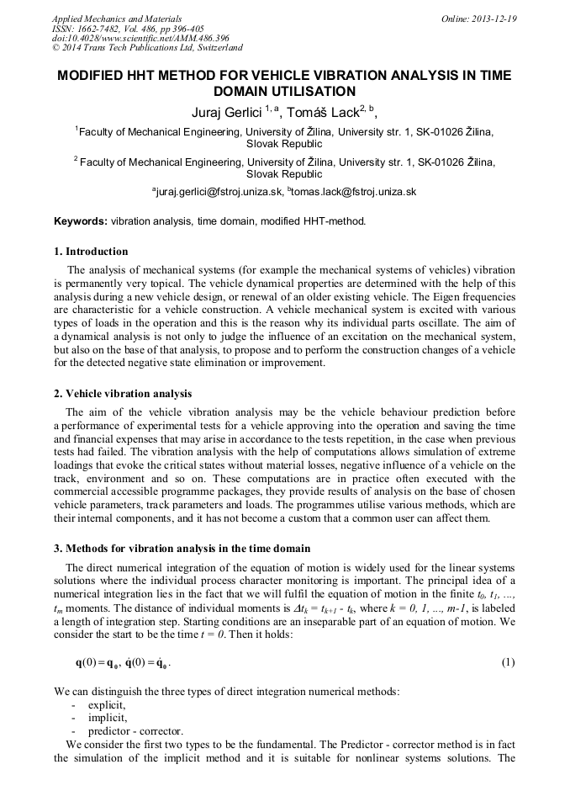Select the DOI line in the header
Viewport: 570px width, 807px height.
pos(128,39)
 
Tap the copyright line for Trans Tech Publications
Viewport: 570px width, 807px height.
pos(147,49)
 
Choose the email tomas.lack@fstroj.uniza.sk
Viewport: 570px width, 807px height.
pos(353,192)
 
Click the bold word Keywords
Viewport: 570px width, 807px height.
pos(80,221)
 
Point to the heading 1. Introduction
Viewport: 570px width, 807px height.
pos(91,252)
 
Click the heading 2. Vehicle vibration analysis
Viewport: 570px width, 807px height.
pos(123,394)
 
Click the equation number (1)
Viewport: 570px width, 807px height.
pos(508,662)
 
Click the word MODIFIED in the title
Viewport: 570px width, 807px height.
pos(94,76)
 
